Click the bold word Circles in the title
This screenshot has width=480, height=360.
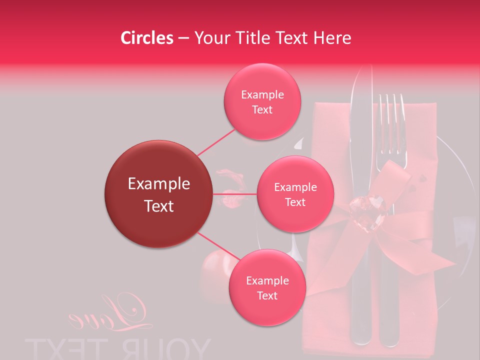point(147,38)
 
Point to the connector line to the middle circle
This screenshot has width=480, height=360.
point(235,193)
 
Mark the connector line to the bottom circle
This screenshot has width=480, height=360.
point(218,245)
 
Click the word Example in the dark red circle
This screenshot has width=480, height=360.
point(159,184)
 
